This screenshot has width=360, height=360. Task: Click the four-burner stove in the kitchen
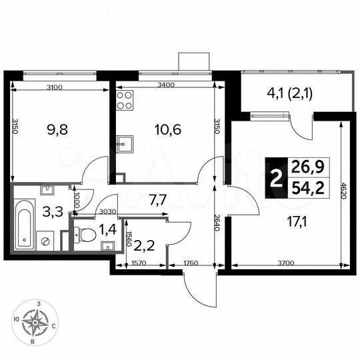pos(125,99)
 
